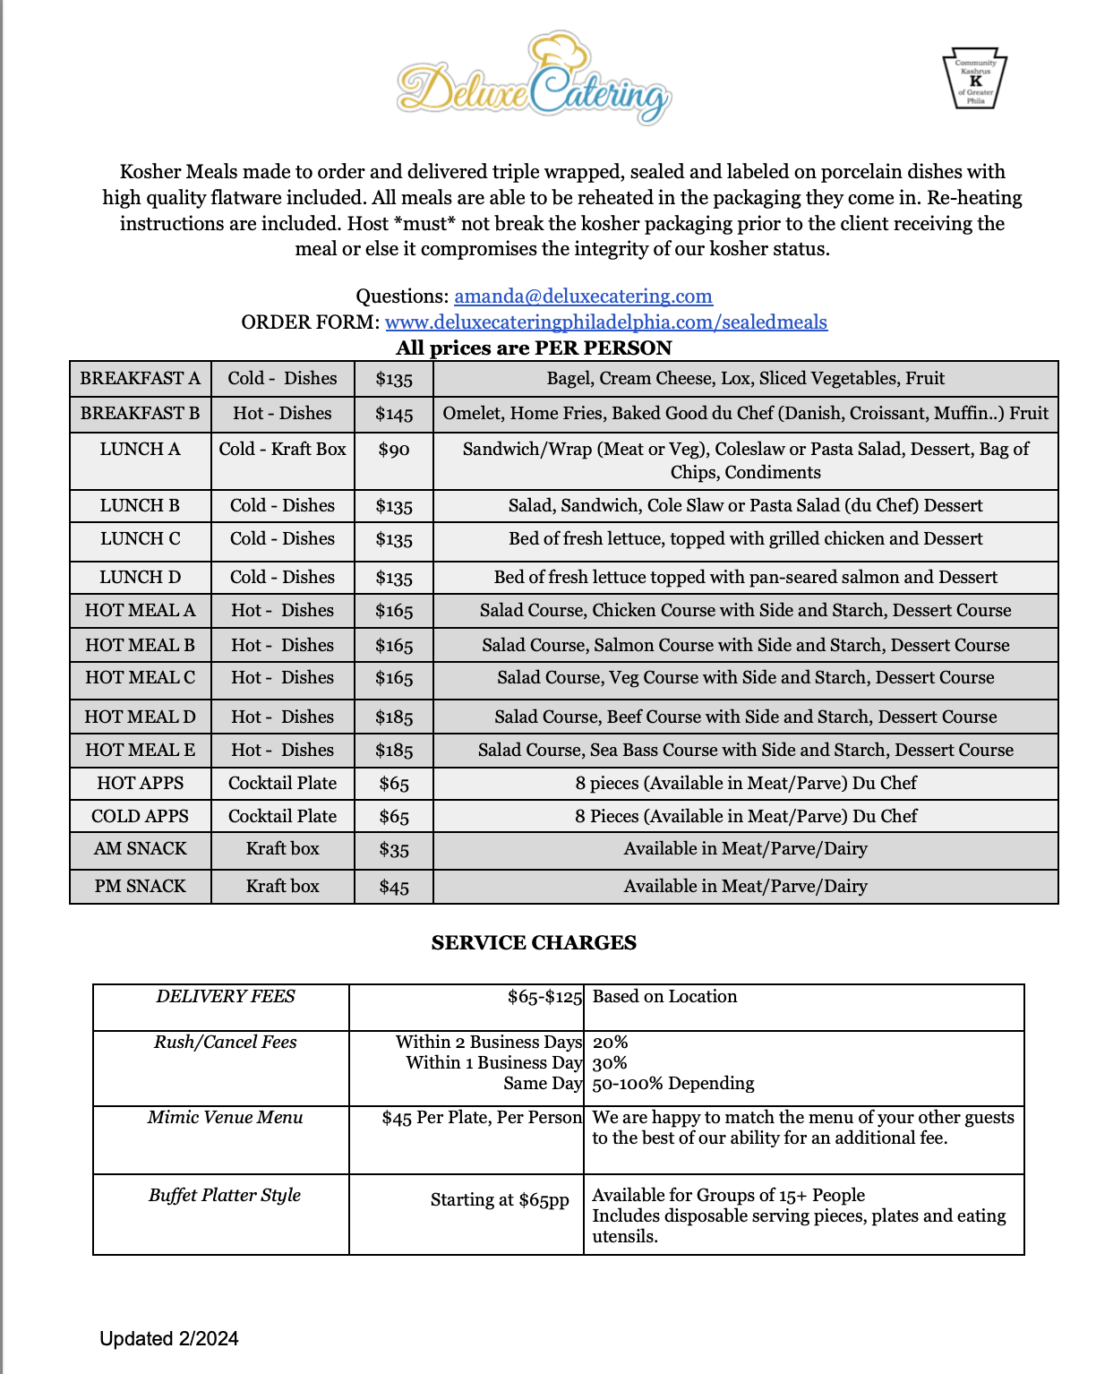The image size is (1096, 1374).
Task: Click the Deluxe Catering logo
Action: tap(535, 81)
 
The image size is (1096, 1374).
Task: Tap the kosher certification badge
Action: tap(974, 79)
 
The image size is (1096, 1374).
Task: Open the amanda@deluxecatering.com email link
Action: tap(583, 296)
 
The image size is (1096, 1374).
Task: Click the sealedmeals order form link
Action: tap(606, 322)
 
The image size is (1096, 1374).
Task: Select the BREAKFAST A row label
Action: tap(141, 379)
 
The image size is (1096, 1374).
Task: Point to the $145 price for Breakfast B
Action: tap(394, 415)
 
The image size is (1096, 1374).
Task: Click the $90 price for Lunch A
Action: tap(394, 450)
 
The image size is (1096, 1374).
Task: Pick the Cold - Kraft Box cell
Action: tap(282, 450)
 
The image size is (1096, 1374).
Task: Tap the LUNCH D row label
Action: tap(141, 578)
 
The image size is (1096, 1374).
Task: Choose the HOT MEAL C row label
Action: tap(141, 678)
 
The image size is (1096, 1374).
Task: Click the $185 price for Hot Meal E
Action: tap(394, 751)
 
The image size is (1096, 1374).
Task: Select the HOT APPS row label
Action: tap(141, 784)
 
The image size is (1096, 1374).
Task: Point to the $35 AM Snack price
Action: tap(394, 850)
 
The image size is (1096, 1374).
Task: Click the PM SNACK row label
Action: tap(141, 887)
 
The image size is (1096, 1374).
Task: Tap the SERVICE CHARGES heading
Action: tap(534, 943)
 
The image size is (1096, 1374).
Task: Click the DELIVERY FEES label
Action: tap(226, 997)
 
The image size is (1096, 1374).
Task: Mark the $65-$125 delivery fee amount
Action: tap(544, 997)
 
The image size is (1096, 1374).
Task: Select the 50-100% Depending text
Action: tap(673, 1084)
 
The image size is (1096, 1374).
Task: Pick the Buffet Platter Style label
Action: tap(225, 1196)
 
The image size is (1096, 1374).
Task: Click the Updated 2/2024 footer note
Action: tap(169, 1339)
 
